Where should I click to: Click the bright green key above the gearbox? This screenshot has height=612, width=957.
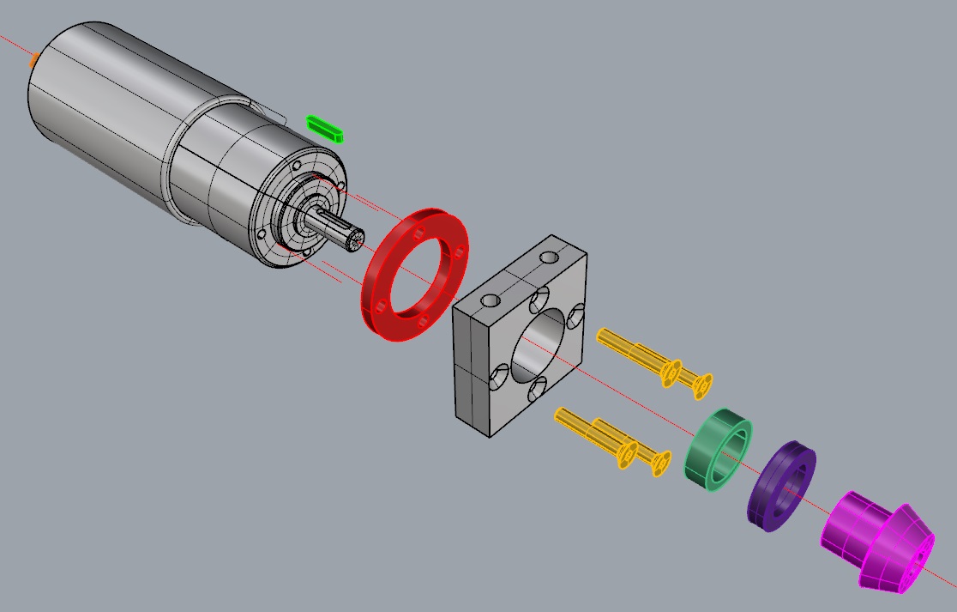(x=326, y=128)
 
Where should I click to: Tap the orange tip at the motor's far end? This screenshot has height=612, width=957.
(x=33, y=60)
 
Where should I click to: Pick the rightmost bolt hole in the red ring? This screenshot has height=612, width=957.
(x=460, y=251)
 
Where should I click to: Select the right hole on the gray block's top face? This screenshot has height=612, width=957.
(x=547, y=258)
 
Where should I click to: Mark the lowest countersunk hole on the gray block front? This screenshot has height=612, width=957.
(x=500, y=375)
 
